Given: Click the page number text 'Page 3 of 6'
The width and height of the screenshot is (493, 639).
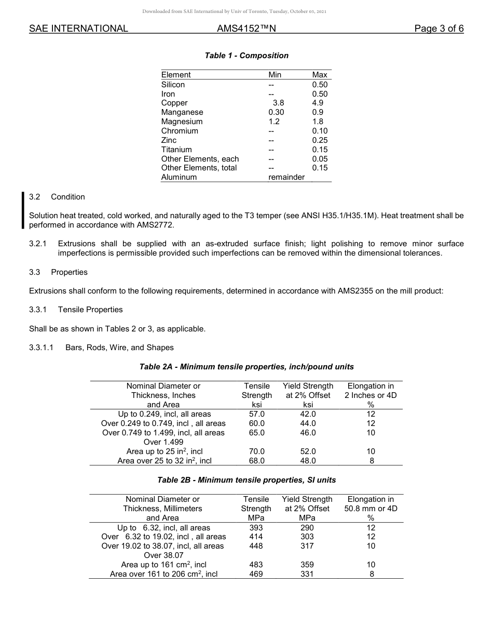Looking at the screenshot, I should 439,29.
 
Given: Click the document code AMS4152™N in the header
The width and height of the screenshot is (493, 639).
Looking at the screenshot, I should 246,29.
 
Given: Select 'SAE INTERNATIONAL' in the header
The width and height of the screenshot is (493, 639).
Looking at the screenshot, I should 78,29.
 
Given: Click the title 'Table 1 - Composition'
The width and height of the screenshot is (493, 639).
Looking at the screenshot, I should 246,56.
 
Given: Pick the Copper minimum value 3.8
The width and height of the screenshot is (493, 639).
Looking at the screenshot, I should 278,103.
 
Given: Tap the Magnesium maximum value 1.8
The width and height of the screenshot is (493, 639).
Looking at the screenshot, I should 318,122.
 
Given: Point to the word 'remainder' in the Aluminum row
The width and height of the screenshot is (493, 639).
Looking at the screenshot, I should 286,177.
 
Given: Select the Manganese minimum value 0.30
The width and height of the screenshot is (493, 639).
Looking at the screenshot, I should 276,112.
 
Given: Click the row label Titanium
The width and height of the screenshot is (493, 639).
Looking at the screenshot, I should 176,150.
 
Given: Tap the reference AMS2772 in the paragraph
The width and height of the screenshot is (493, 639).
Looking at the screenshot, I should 157,225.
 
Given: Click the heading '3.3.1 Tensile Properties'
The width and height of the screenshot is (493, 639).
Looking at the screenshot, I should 76,310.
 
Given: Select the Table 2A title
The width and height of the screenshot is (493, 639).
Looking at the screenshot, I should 246,367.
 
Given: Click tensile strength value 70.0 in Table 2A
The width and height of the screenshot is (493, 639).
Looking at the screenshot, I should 256,451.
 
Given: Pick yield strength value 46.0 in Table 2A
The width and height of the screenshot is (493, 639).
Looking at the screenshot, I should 308,432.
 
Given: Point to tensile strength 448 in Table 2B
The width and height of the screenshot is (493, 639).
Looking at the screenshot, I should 256,546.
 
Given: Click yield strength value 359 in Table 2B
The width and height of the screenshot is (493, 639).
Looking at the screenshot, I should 307,565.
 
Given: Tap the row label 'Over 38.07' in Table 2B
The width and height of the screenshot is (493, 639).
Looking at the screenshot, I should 163,555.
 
